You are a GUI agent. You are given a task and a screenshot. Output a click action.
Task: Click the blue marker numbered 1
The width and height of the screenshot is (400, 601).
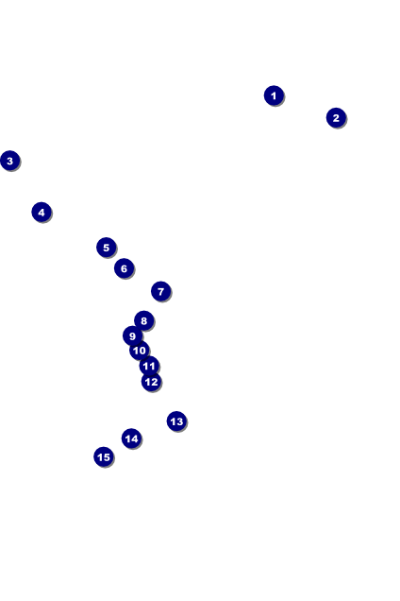pos(274,95)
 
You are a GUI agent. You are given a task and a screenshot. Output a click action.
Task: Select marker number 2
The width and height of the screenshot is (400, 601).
pos(336,118)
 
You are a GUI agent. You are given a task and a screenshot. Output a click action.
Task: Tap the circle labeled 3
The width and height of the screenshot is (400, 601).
pos(10,161)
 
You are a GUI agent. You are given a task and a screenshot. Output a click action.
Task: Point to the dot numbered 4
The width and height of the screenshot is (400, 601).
pos(42,213)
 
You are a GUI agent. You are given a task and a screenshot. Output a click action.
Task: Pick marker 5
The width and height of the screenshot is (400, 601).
pos(107,248)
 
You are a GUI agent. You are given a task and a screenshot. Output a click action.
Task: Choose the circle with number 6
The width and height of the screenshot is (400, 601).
pos(124,268)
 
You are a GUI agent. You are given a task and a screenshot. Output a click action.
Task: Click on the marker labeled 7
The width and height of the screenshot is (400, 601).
pos(161,292)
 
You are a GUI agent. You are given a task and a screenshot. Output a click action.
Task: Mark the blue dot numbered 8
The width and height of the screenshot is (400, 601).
pos(144,320)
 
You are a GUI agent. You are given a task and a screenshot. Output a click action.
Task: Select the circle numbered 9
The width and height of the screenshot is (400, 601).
pos(132,336)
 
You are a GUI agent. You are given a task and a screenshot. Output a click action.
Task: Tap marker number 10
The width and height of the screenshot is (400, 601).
pos(140,351)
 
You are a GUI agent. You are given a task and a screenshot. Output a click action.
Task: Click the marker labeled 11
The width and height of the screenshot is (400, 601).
pos(149,366)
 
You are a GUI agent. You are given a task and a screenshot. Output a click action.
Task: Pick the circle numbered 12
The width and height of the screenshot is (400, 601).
pos(152,382)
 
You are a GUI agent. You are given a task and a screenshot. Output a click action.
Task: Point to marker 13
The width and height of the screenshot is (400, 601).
pos(176,421)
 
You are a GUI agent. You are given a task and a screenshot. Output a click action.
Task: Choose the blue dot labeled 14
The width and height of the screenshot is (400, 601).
pos(132,438)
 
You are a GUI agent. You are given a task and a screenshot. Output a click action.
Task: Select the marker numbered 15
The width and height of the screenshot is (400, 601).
pos(104,456)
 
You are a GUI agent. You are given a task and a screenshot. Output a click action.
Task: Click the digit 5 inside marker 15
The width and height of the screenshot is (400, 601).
pos(107,457)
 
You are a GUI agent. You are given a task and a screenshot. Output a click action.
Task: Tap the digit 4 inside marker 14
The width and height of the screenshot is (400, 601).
pos(134,438)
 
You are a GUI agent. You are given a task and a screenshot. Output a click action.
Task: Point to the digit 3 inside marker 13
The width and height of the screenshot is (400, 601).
pos(179,421)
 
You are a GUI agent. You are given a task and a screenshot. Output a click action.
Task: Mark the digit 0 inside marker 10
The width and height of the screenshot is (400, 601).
pos(142,351)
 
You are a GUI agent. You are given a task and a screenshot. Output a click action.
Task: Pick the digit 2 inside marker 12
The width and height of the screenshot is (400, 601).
pos(155,382)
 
